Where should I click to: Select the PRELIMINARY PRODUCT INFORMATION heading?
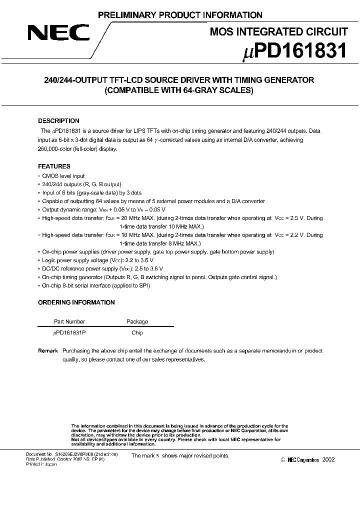[180, 15]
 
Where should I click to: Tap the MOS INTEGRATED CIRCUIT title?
[278, 32]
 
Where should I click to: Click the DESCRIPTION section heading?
[58, 121]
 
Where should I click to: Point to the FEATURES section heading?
[54, 166]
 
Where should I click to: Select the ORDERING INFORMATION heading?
[76, 302]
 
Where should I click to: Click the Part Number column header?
[69, 321]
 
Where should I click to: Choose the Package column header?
[137, 321]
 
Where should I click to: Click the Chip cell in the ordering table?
[137, 333]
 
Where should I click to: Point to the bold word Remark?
[48, 351]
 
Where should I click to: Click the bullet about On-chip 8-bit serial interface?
[95, 286]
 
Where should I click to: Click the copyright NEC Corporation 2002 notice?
[307, 459]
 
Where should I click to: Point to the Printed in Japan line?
[41, 464]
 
